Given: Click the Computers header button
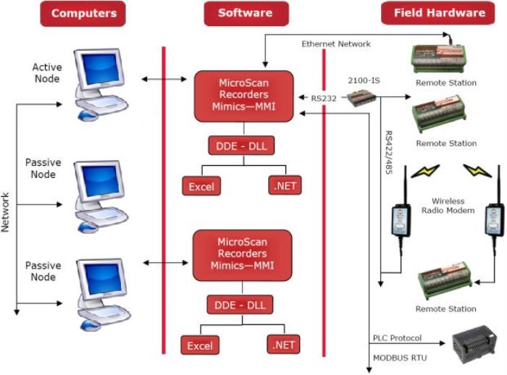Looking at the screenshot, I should coord(84,14).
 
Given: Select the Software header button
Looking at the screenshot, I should coord(244,14).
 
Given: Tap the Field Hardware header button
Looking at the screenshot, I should coord(439,14).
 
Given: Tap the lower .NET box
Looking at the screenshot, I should coord(283,345).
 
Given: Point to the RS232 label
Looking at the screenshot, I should coord(324,96).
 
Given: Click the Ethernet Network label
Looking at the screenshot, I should coord(335,44).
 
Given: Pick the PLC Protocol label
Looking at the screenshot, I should coord(397,338).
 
